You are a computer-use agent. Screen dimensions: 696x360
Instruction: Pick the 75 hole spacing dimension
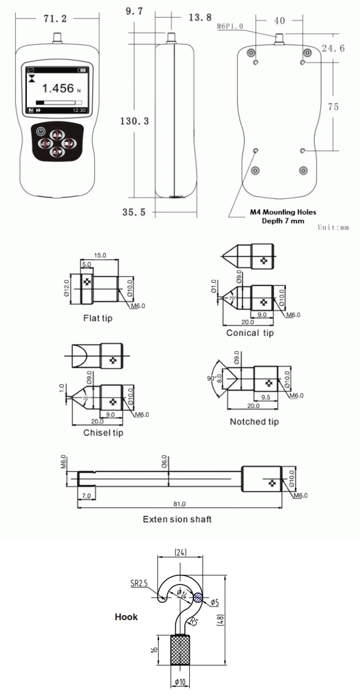(334, 107)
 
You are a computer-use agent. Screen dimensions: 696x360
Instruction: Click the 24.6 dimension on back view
(333, 47)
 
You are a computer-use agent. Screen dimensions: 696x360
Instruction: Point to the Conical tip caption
(250, 333)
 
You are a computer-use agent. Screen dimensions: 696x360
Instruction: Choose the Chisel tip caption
(103, 433)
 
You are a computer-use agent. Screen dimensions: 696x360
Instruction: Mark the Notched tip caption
(254, 422)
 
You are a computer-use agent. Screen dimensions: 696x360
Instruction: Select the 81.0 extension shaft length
(179, 504)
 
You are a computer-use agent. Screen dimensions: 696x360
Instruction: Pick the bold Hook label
(126, 617)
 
